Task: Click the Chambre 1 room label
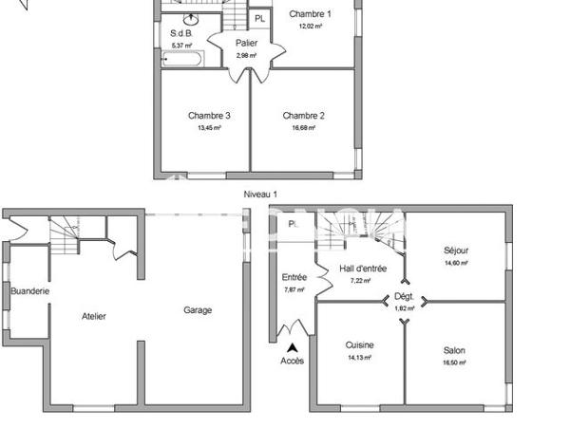tap(310, 14)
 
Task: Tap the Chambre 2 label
tap(304, 116)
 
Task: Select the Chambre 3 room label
tap(209, 116)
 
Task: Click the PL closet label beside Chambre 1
tap(259, 17)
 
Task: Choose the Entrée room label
tap(294, 277)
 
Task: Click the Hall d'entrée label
tap(363, 269)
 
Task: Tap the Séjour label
tap(456, 251)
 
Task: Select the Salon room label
tap(453, 350)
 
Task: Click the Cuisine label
tap(360, 345)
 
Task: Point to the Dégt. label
tap(405, 296)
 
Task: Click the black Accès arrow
tap(292, 348)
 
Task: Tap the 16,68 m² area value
tap(304, 128)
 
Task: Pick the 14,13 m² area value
tap(360, 358)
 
